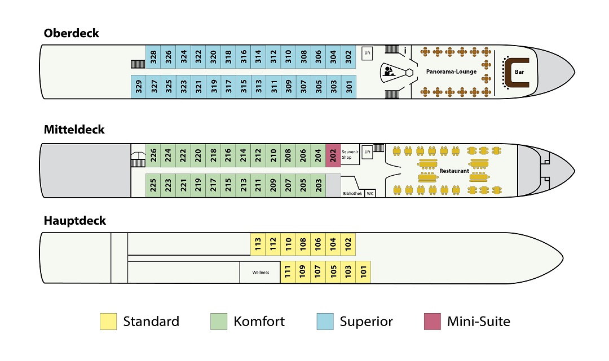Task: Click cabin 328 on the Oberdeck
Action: click(x=153, y=57)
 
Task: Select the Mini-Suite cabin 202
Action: click(x=333, y=155)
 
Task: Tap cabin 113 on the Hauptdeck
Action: click(x=258, y=244)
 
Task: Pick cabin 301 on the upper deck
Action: click(x=349, y=87)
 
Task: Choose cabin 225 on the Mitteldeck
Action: click(x=153, y=185)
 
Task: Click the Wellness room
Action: click(x=260, y=272)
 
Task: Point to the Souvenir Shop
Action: click(x=350, y=154)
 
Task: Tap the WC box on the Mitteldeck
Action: click(x=370, y=193)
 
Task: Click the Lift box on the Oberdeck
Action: click(x=367, y=53)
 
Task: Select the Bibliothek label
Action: click(x=352, y=194)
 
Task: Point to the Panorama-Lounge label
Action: click(x=451, y=72)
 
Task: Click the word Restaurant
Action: click(x=454, y=171)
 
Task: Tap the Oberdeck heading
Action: click(x=72, y=33)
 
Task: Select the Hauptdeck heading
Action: click(x=74, y=221)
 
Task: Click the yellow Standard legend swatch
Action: click(x=108, y=322)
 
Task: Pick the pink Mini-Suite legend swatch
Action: click(x=433, y=322)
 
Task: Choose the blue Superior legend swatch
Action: click(x=325, y=322)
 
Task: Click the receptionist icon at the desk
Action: click(x=389, y=72)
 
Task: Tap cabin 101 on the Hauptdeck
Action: click(x=364, y=272)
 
